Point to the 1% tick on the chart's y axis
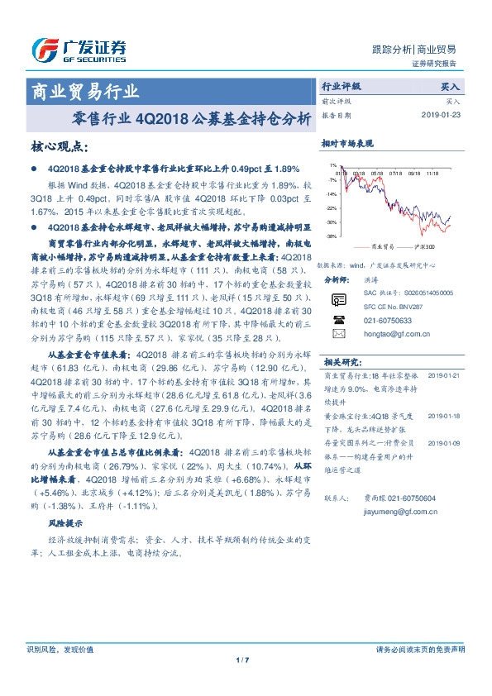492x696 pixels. [x=332, y=165]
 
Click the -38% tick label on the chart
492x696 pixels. [x=331, y=236]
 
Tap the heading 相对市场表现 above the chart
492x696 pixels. [x=346, y=144]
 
